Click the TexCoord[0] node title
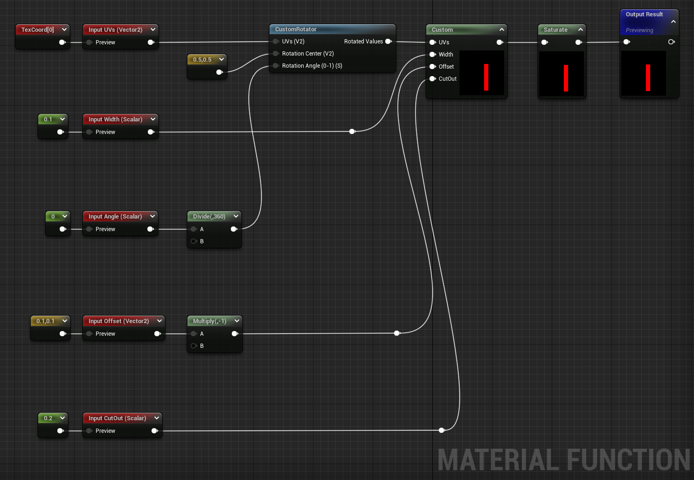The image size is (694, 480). pyautogui.click(x=37, y=30)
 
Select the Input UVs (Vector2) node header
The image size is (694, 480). pyautogui.click(x=115, y=30)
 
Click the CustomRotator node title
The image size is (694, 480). pyautogui.click(x=296, y=29)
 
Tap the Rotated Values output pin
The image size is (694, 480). pyautogui.click(x=388, y=42)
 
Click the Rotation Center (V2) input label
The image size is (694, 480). pyautogui.click(x=308, y=54)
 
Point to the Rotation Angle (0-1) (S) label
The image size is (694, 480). pyautogui.click(x=312, y=66)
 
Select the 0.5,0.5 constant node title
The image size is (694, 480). pyautogui.click(x=202, y=60)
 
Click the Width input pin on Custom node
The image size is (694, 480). pyautogui.click(x=432, y=55)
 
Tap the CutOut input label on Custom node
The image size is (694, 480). pyautogui.click(x=447, y=79)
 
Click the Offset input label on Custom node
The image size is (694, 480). pyautogui.click(x=446, y=67)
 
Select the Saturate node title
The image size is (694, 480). pyautogui.click(x=555, y=30)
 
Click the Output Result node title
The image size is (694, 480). pyautogui.click(x=644, y=14)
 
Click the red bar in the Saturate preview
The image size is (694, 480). pyautogui.click(x=566, y=78)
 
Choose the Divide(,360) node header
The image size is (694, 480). pyautogui.click(x=209, y=217)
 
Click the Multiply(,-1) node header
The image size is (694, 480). pyautogui.click(x=209, y=321)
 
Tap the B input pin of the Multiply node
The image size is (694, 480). pyautogui.click(x=194, y=346)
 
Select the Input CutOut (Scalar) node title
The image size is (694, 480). pyautogui.click(x=117, y=418)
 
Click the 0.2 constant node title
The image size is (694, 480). pyautogui.click(x=48, y=418)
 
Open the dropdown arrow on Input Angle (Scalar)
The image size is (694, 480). pyautogui.click(x=152, y=216)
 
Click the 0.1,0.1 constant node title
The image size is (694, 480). pyautogui.click(x=45, y=321)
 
